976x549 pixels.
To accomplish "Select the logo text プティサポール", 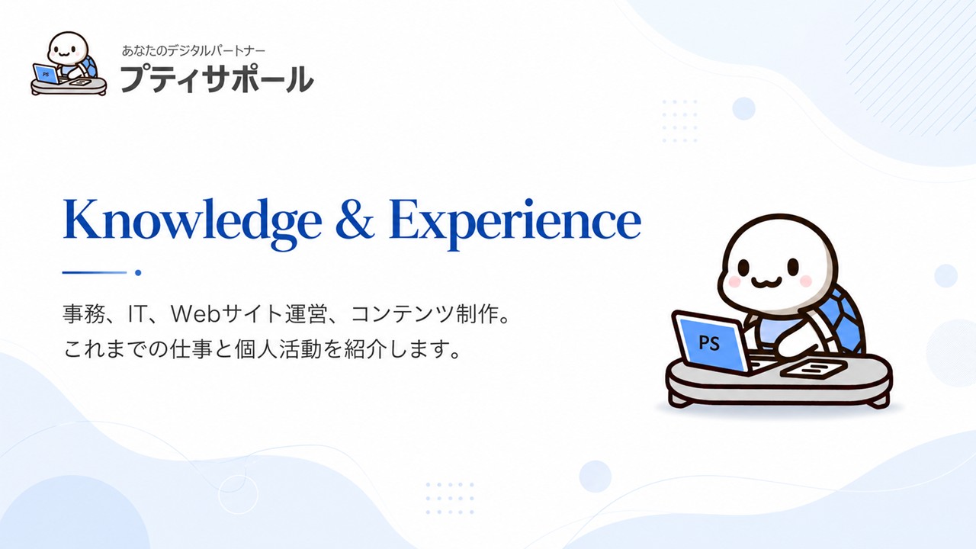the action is click(x=217, y=79).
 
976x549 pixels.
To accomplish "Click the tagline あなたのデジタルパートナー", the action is click(x=194, y=51).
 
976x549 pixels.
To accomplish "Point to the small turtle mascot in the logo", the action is click(x=69, y=63).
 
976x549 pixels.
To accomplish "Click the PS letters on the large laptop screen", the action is click(x=709, y=343).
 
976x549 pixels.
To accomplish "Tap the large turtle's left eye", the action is click(x=743, y=267).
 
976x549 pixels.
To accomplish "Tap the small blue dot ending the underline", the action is click(x=138, y=273).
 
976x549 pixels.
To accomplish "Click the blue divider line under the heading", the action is click(x=95, y=273).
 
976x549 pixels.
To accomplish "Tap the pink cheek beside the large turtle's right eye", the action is click(x=806, y=281).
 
